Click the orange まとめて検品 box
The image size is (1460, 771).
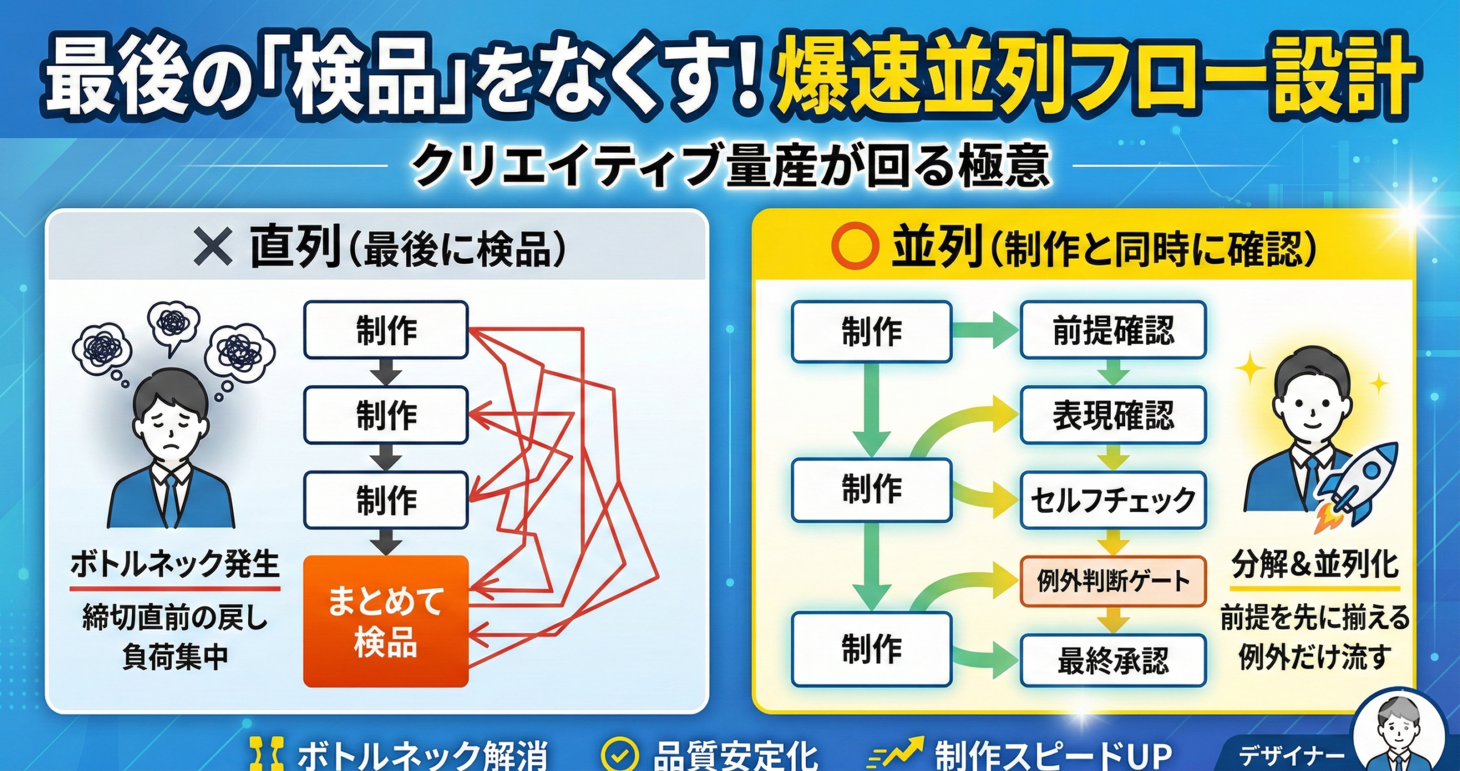click(x=386, y=621)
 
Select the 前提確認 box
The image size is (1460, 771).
click(x=1113, y=330)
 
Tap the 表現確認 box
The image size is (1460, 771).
click(x=1113, y=415)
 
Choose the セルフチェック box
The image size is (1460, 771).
click(x=1113, y=500)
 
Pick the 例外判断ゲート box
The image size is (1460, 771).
click(x=1113, y=581)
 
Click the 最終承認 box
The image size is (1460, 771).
click(x=1113, y=660)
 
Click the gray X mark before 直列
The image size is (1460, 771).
click(x=213, y=246)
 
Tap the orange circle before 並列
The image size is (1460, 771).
click(x=854, y=246)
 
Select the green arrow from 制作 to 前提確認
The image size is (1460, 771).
click(x=985, y=330)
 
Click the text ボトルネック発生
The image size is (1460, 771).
click(x=175, y=564)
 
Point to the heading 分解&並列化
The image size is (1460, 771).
click(x=1315, y=564)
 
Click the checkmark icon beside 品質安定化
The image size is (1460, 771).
click(x=619, y=754)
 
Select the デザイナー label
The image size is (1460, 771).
click(x=1291, y=757)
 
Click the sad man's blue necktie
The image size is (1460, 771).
click(x=171, y=501)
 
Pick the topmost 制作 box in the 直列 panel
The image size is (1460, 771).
click(x=386, y=330)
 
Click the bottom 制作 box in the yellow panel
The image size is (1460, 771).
click(x=872, y=649)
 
